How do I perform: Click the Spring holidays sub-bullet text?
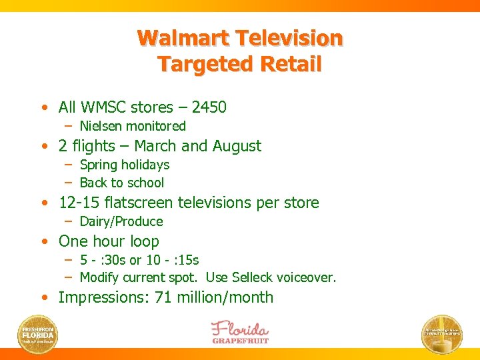124,165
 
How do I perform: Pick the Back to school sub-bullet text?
121,183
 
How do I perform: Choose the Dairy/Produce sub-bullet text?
121,221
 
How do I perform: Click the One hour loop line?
109,241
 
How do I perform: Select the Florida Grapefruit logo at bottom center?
240,332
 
